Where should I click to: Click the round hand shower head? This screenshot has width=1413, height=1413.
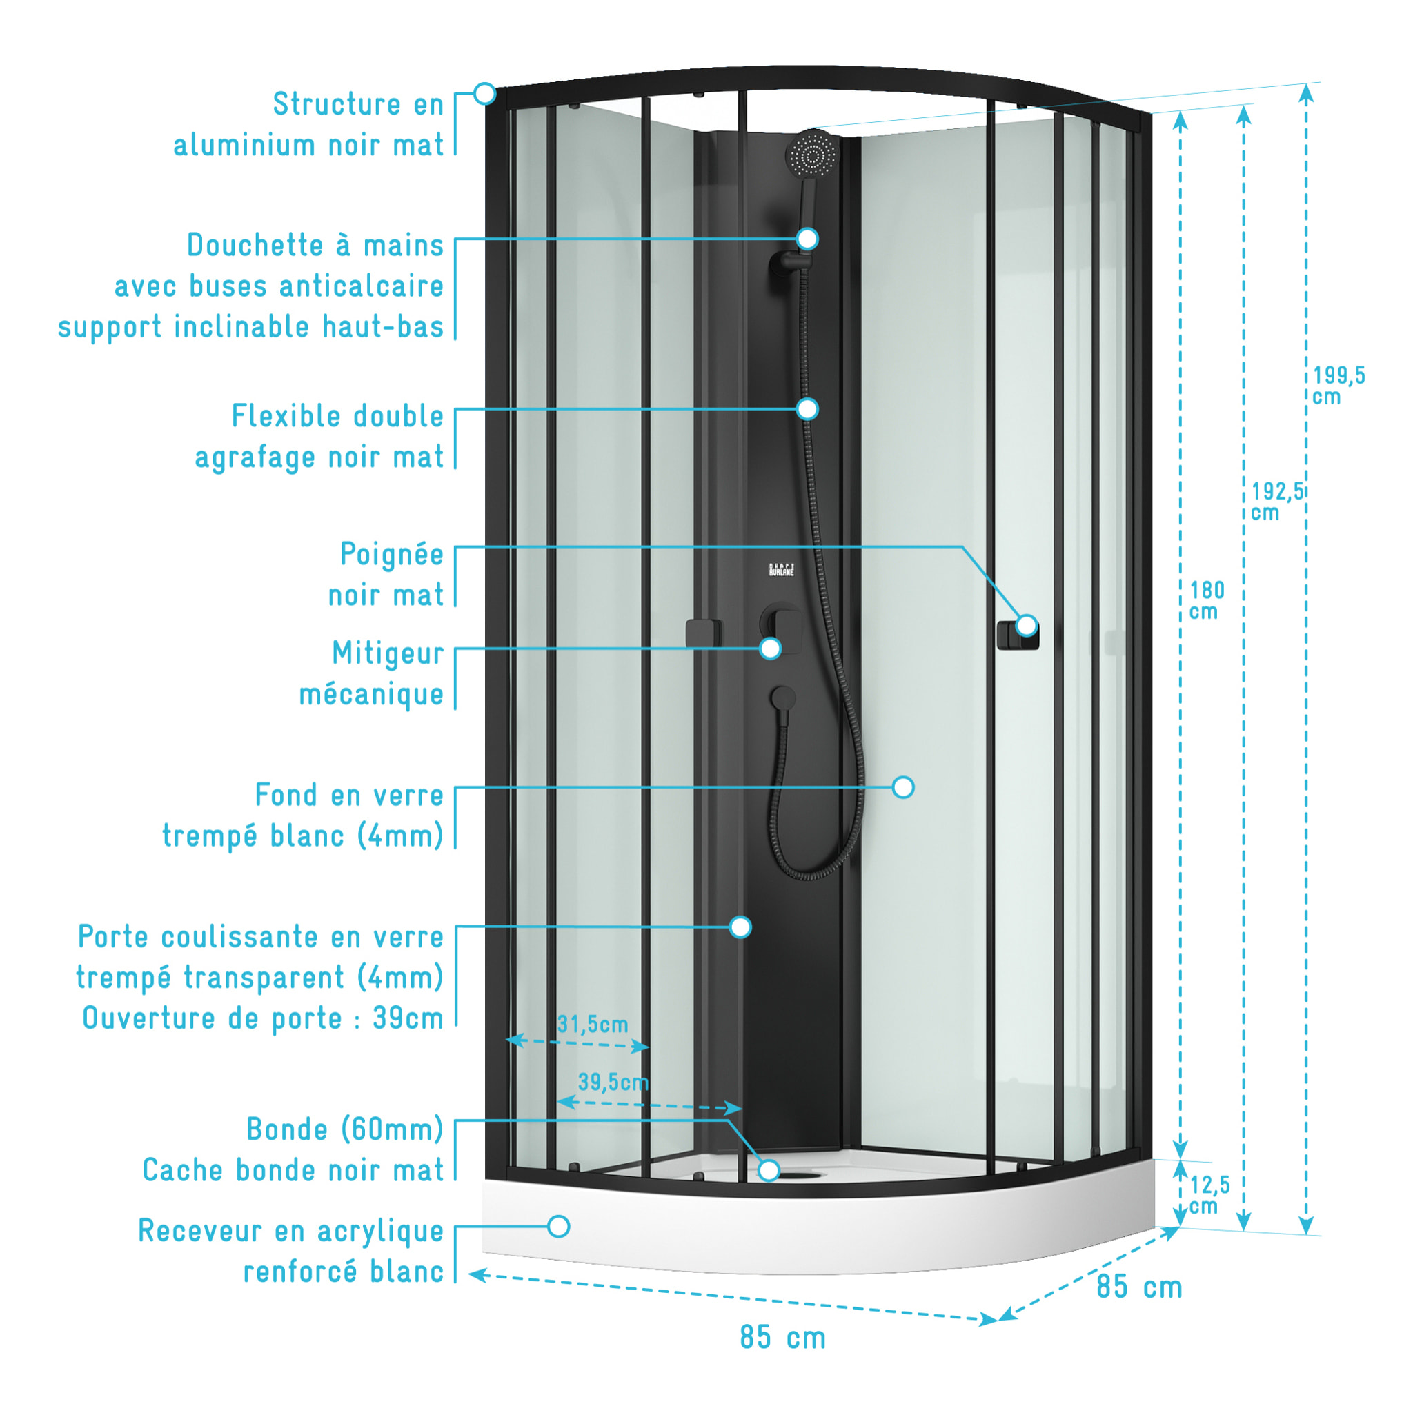pos(812,154)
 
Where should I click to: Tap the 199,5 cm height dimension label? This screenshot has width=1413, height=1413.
pos(1338,386)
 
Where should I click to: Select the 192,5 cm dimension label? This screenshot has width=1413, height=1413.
pos(1277,502)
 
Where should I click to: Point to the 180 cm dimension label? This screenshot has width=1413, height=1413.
pos(1207,600)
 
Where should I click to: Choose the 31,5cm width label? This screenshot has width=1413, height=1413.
pos(593,1025)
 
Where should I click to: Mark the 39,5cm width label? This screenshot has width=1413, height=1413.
pos(613,1083)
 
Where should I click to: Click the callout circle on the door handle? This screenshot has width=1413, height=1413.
pos(1027,625)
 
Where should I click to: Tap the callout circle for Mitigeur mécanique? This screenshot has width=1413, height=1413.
pos(770,648)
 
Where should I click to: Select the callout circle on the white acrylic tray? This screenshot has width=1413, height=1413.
pos(559,1227)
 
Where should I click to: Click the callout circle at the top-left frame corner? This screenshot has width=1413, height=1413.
pos(484,94)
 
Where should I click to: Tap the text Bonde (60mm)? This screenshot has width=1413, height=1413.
pos(345,1130)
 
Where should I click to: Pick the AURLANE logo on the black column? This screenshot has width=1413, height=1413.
pos(781,570)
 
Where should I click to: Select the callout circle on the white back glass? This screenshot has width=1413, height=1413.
pos(904,787)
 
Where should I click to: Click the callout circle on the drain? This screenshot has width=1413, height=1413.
pos(769,1170)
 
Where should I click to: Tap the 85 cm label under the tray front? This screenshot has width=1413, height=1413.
pos(782,1338)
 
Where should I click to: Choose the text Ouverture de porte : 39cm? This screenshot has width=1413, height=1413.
pos(264,1018)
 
